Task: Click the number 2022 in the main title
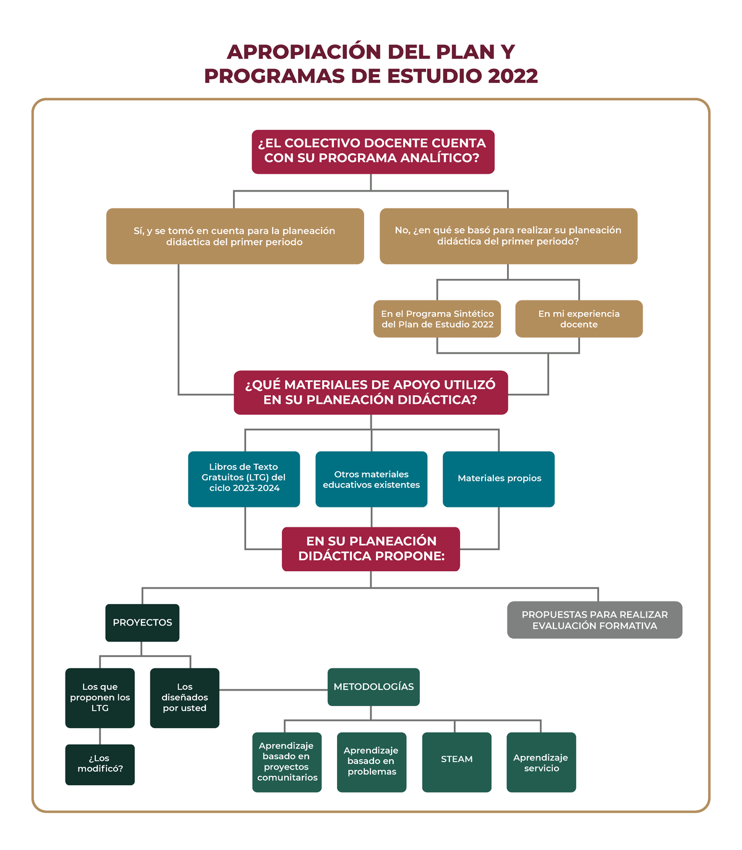click(x=513, y=76)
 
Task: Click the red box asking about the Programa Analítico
click(x=373, y=151)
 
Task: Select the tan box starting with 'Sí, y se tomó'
click(x=235, y=236)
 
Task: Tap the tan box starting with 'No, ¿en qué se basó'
click(x=508, y=236)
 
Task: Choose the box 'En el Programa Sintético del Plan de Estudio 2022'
click(x=437, y=319)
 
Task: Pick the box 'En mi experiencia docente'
click(x=579, y=319)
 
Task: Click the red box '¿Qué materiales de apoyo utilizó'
click(x=370, y=393)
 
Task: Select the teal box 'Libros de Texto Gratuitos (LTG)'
click(x=244, y=479)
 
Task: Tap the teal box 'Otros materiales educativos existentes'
click(x=371, y=479)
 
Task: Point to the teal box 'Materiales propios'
click(x=498, y=479)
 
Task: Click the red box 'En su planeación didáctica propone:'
click(x=371, y=549)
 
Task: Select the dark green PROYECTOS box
click(x=142, y=623)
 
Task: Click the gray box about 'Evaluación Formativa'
click(x=594, y=620)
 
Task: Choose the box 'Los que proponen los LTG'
click(x=100, y=698)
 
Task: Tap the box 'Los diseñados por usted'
click(x=184, y=698)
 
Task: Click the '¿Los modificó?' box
click(x=100, y=765)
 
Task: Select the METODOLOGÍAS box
click(x=373, y=687)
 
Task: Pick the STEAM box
click(x=456, y=762)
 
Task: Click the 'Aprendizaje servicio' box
click(x=541, y=762)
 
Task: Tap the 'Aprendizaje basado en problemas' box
click(x=372, y=762)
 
